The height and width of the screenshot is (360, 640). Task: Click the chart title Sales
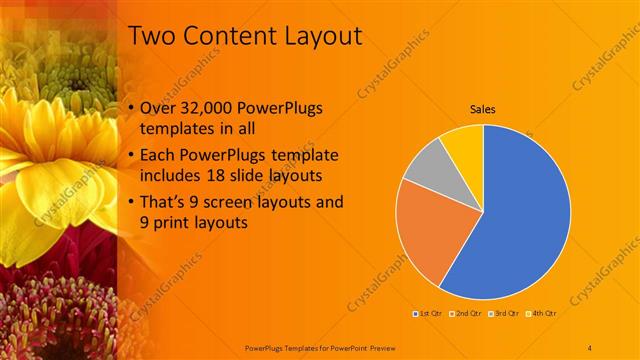pos(483,110)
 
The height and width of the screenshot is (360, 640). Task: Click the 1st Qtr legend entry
pos(429,314)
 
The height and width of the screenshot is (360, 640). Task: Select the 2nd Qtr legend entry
pos(466,314)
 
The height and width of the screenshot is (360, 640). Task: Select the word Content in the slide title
pos(220,37)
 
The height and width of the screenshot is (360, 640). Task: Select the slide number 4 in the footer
pos(590,347)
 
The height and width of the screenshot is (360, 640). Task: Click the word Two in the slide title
pos(152,37)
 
